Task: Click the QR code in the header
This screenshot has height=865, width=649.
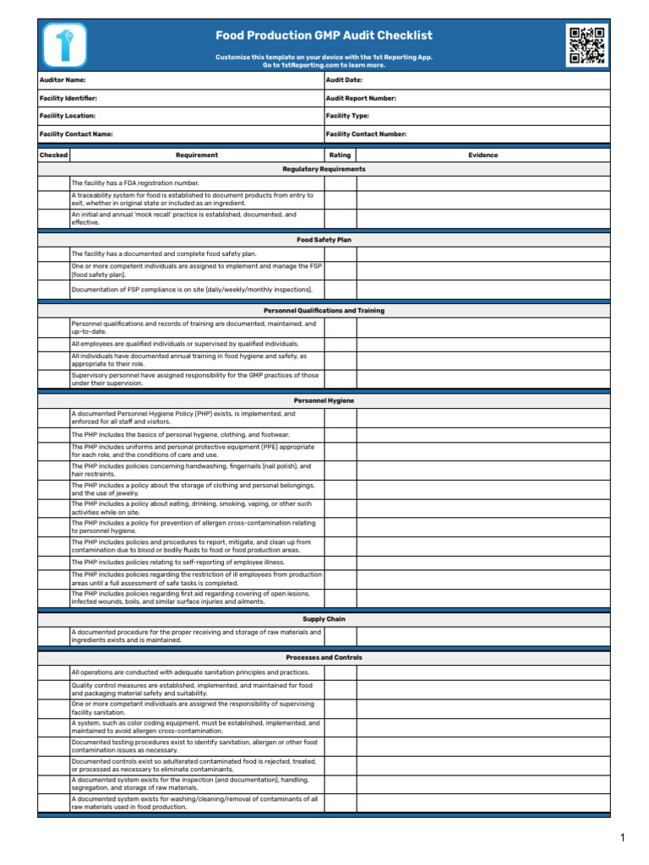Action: (x=586, y=46)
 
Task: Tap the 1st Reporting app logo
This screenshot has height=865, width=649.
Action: (x=62, y=46)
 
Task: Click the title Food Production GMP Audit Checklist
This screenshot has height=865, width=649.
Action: (x=324, y=35)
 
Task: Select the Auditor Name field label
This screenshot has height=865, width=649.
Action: (x=63, y=79)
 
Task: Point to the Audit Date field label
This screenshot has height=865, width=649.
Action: (x=345, y=79)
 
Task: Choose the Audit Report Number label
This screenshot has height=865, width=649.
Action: (x=361, y=98)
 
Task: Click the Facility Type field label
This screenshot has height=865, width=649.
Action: (x=347, y=116)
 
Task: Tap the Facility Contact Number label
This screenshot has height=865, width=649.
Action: (x=366, y=133)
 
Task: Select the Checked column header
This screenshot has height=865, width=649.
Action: (x=53, y=155)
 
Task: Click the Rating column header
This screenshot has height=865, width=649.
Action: (x=340, y=155)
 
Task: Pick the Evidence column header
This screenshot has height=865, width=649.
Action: (x=483, y=155)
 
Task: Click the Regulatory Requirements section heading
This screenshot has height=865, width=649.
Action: (x=324, y=169)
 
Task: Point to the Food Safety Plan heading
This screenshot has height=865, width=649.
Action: (x=324, y=240)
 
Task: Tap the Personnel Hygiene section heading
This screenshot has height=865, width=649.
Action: (x=324, y=400)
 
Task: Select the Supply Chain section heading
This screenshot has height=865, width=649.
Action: (x=324, y=619)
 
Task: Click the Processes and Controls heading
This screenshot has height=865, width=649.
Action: (x=324, y=657)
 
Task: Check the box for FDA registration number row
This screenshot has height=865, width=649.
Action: (x=53, y=182)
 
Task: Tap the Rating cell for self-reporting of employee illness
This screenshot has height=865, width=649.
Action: (x=340, y=562)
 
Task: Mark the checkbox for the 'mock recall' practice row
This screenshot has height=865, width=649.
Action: (x=53, y=219)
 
